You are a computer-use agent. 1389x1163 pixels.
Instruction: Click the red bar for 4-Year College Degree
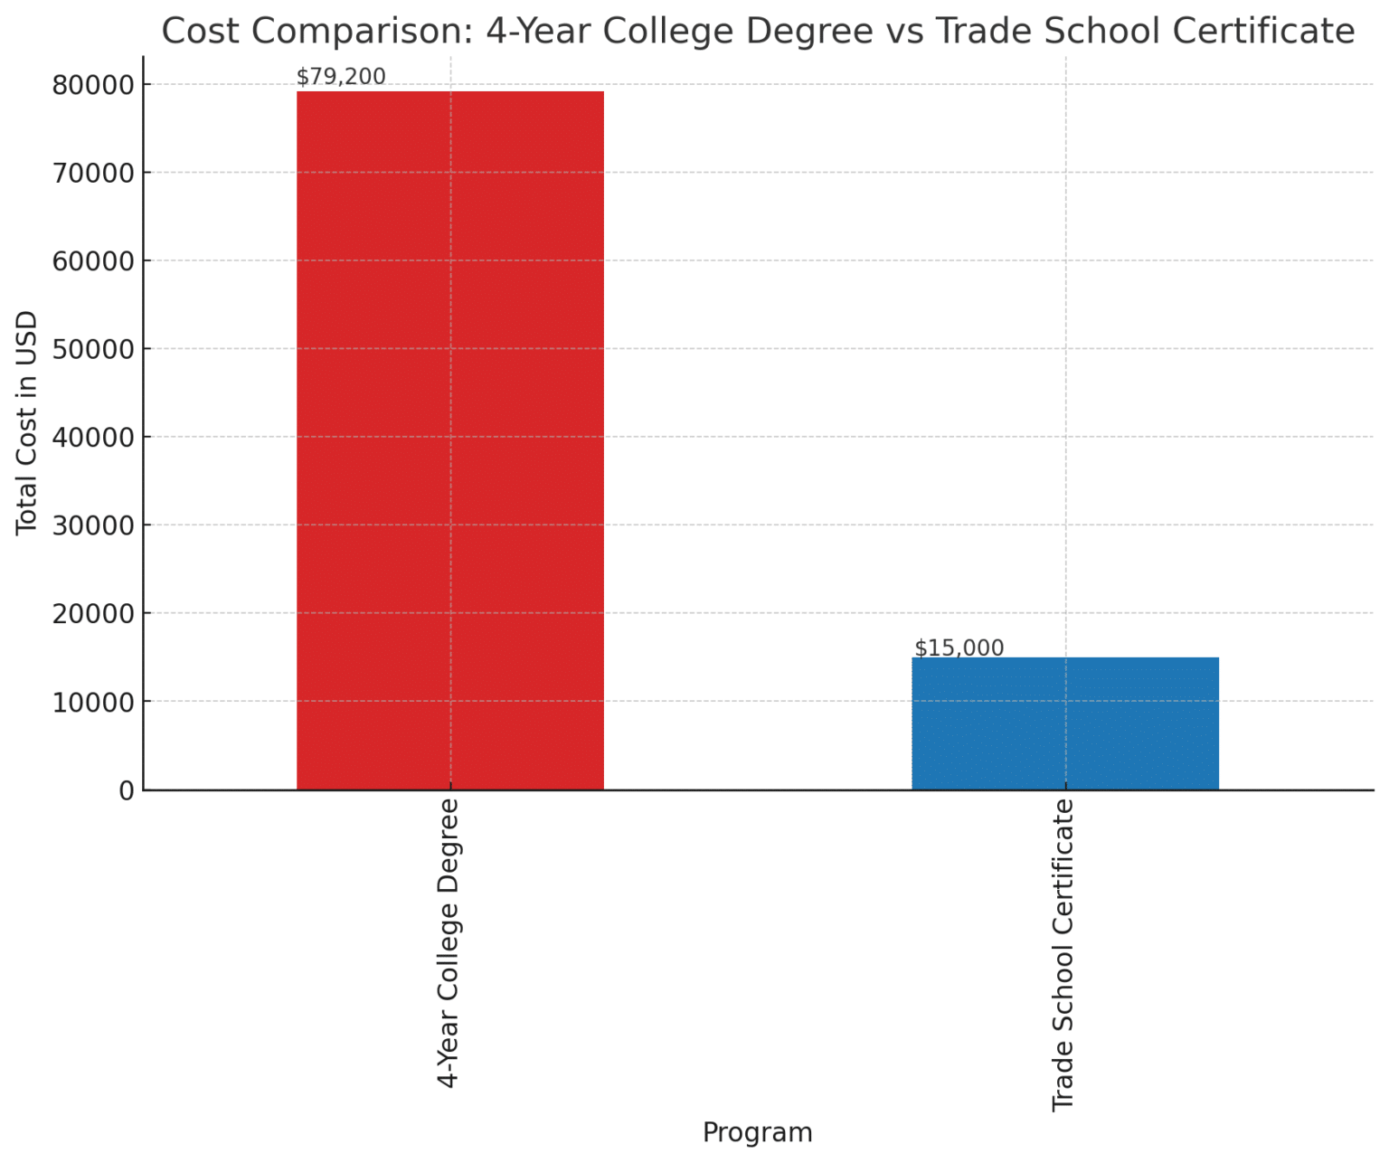click(x=449, y=440)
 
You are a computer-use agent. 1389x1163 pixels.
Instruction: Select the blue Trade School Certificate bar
click(x=1064, y=723)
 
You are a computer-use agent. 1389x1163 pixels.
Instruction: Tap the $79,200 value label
click(x=341, y=77)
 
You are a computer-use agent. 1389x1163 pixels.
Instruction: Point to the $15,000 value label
click(x=959, y=648)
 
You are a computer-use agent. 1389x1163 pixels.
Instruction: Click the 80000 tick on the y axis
click(x=93, y=85)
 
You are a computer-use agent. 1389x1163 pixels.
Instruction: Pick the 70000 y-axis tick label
click(x=93, y=173)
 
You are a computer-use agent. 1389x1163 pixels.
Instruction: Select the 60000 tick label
click(x=93, y=261)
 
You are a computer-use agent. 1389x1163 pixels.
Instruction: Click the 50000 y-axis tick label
click(x=93, y=349)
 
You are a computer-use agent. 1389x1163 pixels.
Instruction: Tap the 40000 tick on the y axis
click(x=93, y=438)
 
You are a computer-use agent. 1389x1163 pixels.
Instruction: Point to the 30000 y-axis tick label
click(x=93, y=525)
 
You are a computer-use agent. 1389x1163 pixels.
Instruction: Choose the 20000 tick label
click(x=93, y=614)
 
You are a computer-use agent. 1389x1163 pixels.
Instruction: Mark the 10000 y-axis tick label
click(x=93, y=702)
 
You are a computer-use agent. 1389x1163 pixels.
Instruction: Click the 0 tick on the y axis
click(x=126, y=790)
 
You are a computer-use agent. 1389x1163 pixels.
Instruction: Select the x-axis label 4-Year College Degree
click(x=449, y=941)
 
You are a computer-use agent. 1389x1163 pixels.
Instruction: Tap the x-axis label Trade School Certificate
click(x=1063, y=954)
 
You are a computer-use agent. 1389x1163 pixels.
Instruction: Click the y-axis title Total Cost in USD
click(x=26, y=422)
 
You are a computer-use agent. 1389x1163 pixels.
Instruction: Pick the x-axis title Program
click(x=757, y=1132)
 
